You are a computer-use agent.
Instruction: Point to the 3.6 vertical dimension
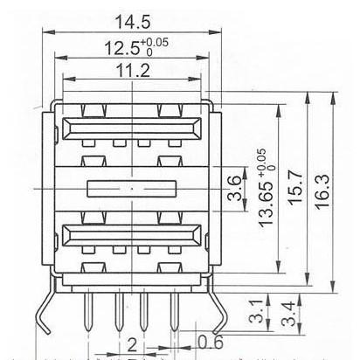(234, 188)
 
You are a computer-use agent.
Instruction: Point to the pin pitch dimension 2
(132, 343)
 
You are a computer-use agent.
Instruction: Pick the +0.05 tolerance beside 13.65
(260, 164)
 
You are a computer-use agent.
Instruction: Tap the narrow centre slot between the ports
(132, 187)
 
